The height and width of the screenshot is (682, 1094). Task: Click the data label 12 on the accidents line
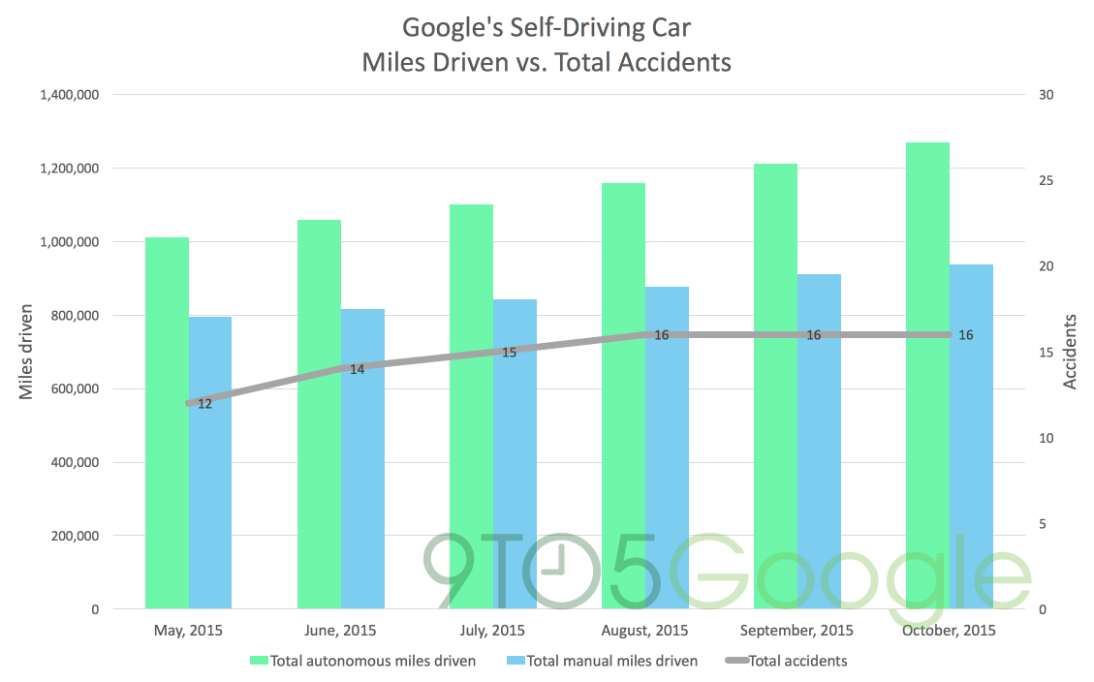pos(204,403)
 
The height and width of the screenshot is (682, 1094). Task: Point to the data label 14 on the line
pos(357,369)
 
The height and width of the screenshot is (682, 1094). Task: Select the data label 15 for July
pos(509,353)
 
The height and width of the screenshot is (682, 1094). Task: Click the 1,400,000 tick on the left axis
pos(69,95)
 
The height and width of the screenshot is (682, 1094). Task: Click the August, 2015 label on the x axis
pos(644,631)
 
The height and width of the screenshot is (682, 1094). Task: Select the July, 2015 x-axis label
pos(493,631)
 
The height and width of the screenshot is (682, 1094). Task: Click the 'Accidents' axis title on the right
pos(1071,352)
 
